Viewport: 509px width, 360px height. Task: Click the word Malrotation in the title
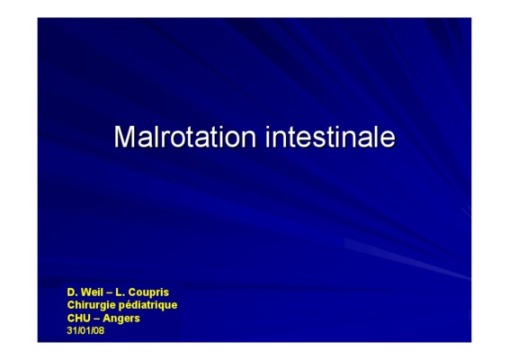[x=185, y=137]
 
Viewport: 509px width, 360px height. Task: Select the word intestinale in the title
[x=330, y=137]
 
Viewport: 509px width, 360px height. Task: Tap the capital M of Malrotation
[x=124, y=137]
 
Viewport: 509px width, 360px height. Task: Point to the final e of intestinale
[x=388, y=140]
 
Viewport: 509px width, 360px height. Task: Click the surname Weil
[x=92, y=292]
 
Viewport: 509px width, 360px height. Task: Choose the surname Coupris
[x=148, y=292]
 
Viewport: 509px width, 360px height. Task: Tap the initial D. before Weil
[x=72, y=292]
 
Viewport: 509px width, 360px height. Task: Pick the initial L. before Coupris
[x=121, y=292]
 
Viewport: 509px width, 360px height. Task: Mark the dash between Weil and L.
[x=110, y=293]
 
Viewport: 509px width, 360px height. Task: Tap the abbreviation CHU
[x=78, y=318]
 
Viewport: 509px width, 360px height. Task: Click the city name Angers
[x=121, y=319]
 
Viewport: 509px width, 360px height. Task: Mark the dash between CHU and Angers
[x=96, y=319]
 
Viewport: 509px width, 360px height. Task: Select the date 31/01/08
[x=85, y=330]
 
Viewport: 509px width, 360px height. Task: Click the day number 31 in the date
[x=71, y=330]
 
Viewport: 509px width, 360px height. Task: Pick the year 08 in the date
[x=100, y=330]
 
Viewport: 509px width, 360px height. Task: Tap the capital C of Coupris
[x=132, y=292]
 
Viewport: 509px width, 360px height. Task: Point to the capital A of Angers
[x=107, y=318]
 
